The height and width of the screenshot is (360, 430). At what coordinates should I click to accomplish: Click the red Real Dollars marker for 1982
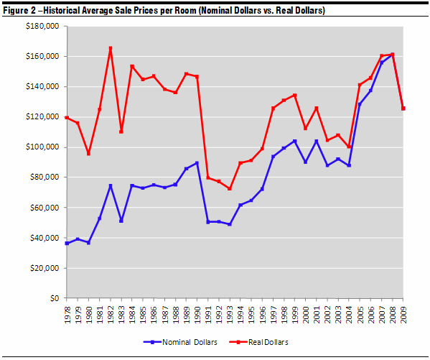pos(111,48)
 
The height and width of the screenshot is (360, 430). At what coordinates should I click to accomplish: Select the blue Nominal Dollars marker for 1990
pos(197,163)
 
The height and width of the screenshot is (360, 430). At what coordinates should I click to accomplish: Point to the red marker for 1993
pos(230,189)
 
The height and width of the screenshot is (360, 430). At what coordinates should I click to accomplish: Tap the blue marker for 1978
pos(67,244)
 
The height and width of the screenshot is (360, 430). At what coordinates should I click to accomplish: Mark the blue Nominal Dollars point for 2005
pos(360,104)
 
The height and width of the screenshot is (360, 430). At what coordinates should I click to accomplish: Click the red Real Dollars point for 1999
pos(295,96)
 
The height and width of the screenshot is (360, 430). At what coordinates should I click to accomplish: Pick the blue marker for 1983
pos(121,221)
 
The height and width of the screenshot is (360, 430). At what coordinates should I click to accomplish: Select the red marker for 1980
pos(88,154)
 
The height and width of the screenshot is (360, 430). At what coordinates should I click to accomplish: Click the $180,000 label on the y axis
pos(42,26)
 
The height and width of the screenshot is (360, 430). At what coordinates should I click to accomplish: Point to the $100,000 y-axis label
pos(42,147)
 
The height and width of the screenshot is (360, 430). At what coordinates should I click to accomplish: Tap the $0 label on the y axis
pos(55,298)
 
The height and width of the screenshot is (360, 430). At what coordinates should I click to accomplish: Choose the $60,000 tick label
pos(45,208)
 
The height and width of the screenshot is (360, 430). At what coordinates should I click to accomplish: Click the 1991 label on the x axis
pos(208,315)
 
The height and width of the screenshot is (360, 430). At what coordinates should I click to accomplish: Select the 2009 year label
pos(403,315)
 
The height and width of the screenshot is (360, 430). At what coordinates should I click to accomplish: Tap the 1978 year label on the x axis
pos(67,315)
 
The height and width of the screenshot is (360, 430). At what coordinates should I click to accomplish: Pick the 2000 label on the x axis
pos(306,315)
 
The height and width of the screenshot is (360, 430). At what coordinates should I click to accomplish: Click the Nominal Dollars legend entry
pos(180,342)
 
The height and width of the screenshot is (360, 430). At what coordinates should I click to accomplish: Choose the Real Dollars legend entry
pos(258,342)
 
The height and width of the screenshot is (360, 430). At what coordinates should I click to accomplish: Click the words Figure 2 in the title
pos(19,11)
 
